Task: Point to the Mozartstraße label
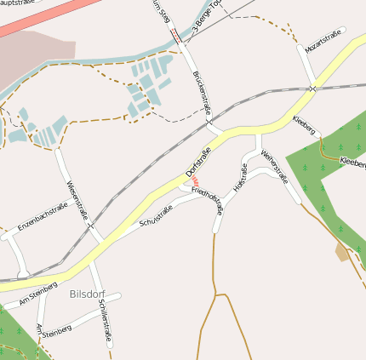[x=323, y=40]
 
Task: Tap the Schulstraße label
[x=156, y=216]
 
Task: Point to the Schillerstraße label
[x=105, y=320]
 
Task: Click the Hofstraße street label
[x=239, y=180]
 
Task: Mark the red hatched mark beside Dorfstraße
[x=195, y=181]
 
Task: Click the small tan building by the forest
[x=344, y=252]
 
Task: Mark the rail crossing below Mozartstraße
[x=313, y=89]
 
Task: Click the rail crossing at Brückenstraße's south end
[x=209, y=121]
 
